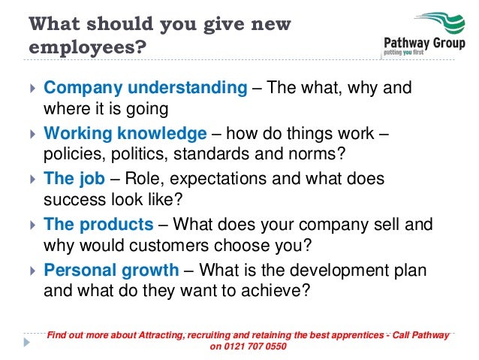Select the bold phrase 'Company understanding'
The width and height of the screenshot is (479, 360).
click(145, 88)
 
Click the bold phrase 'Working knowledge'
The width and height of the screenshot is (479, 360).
click(125, 134)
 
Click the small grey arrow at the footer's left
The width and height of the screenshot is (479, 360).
click(26, 340)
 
